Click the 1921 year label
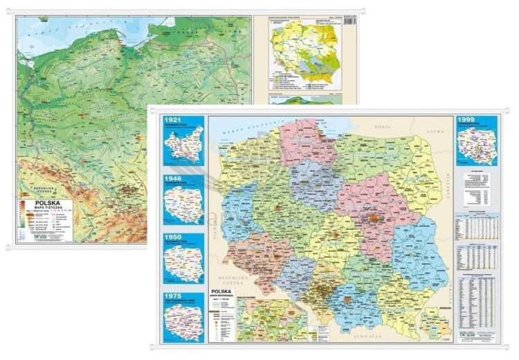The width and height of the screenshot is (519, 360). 172,120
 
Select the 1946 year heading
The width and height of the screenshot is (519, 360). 172,179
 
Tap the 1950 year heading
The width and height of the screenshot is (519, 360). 172,238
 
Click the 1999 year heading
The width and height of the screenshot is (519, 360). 467,120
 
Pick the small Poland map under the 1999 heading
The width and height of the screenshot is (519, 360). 477,146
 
